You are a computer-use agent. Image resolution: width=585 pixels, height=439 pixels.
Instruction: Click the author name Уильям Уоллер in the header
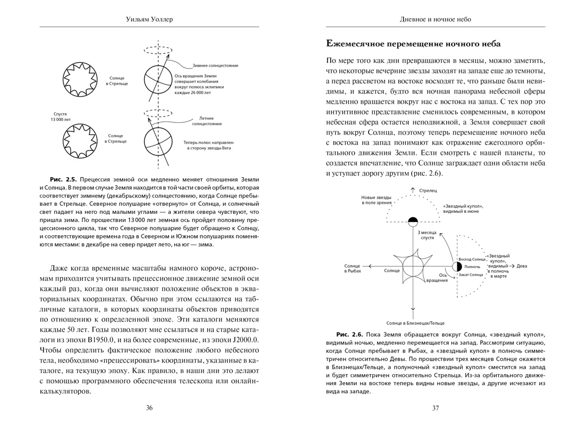point(149,19)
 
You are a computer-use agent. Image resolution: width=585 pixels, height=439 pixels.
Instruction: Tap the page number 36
point(149,408)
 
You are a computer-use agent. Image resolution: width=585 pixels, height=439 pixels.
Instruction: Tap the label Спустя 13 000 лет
point(61,117)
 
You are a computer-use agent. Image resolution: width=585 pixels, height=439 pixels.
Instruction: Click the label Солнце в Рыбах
point(353,268)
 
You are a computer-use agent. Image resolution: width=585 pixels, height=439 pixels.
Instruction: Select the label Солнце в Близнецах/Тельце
point(415,322)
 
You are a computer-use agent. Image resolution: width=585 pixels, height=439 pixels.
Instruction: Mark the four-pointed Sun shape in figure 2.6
point(413,266)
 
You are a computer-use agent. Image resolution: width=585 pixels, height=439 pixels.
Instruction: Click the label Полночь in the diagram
point(472,267)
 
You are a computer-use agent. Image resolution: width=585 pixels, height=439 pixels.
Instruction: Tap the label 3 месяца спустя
point(427,235)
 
